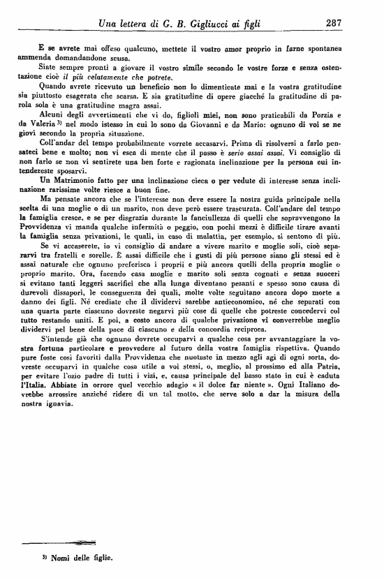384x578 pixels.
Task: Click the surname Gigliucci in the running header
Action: pos(215,23)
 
